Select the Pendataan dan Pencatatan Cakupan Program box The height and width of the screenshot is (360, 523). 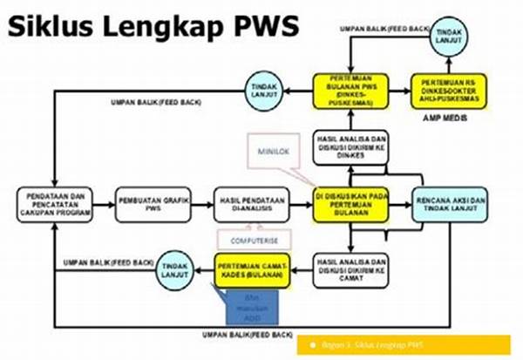pos(53,203)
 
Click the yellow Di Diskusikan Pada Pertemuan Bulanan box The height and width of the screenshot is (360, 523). pos(350,203)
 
